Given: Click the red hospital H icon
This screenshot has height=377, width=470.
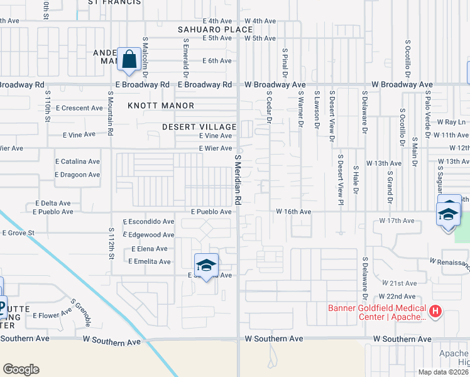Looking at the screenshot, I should [435, 311].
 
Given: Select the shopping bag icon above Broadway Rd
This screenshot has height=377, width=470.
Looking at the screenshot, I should [128, 60].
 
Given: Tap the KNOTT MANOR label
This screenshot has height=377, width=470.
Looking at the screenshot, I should [161, 106].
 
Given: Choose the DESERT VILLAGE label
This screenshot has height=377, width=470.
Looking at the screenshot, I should [199, 126].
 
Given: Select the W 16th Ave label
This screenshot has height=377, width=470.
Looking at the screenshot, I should [293, 212].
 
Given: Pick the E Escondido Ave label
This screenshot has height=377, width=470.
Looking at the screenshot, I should [148, 222].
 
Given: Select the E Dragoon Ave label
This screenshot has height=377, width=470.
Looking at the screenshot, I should [77, 175].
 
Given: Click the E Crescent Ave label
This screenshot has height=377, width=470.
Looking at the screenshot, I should [79, 108].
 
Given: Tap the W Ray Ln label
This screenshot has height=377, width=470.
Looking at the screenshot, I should [451, 122].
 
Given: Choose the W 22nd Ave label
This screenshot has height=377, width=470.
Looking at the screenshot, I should [396, 296].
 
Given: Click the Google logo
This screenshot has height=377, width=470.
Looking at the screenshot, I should [21, 369].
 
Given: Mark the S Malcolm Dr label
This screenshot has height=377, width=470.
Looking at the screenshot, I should [145, 51].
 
